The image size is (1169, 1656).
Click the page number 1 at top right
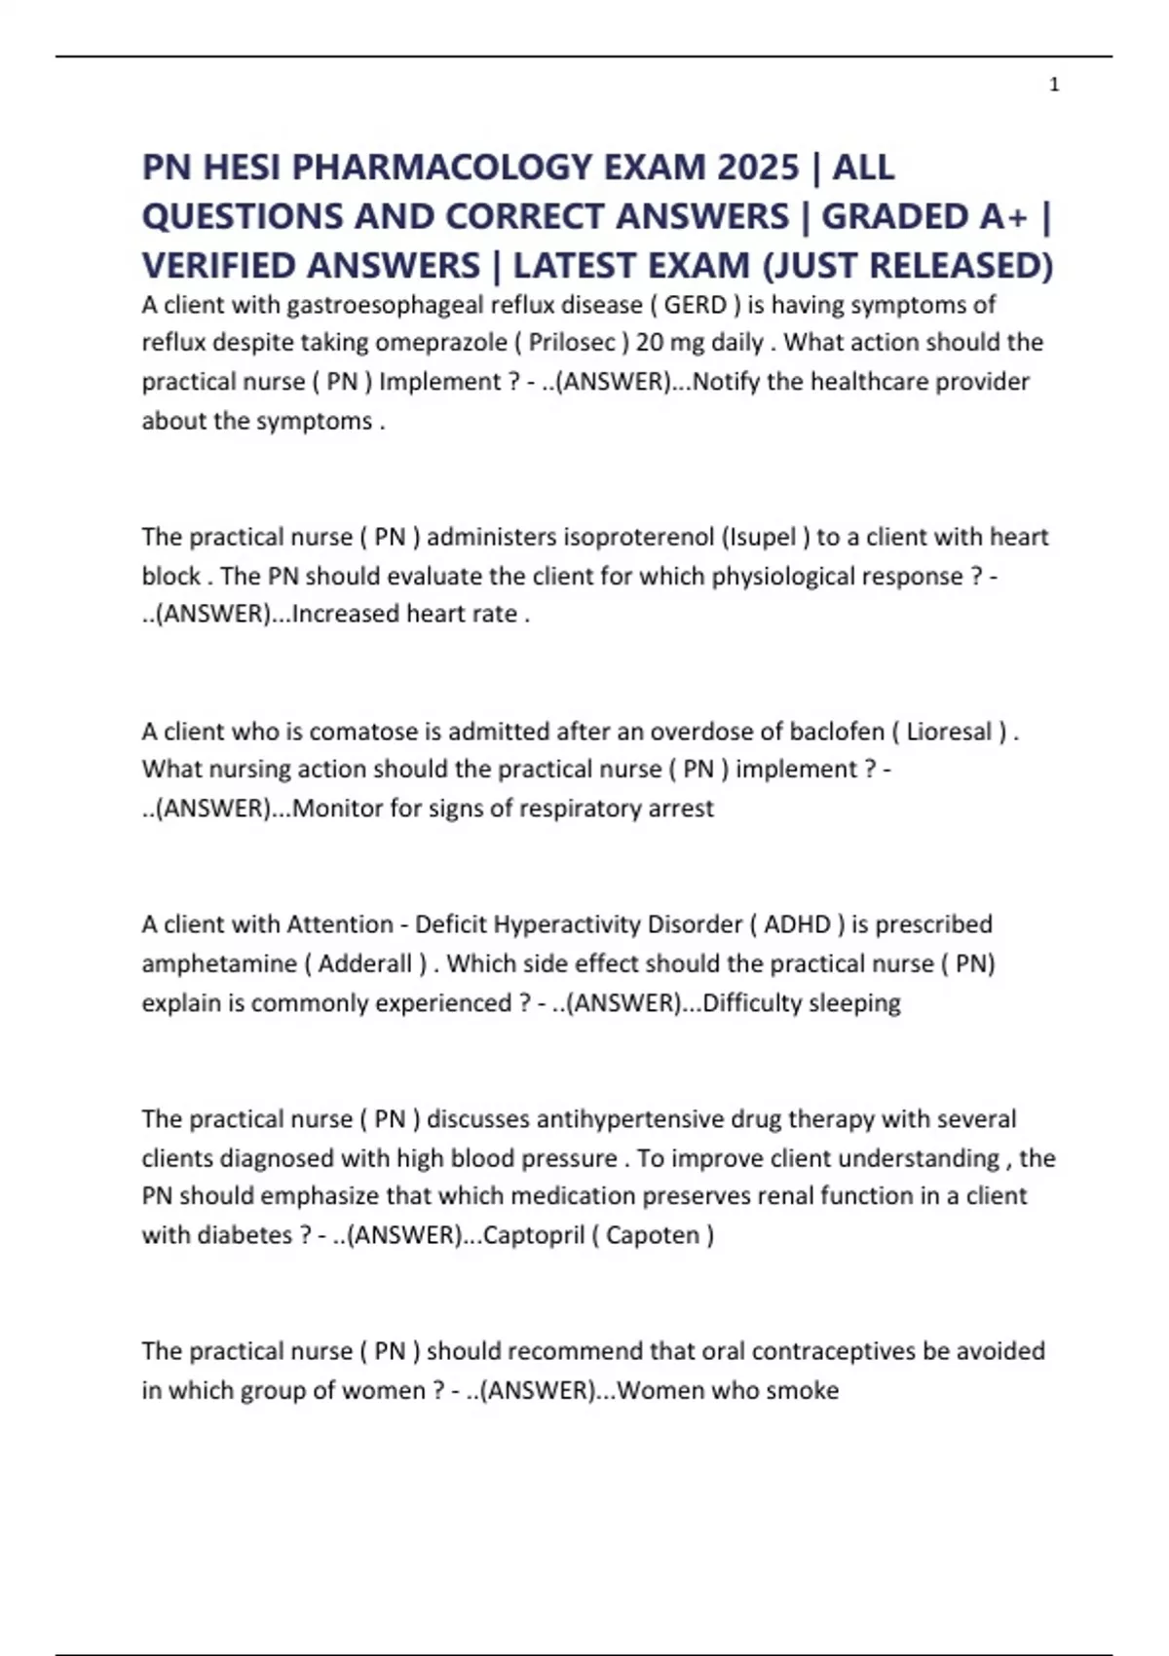tap(1054, 86)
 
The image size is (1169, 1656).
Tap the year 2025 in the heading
tap(757, 168)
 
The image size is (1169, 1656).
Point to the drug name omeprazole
tap(438, 343)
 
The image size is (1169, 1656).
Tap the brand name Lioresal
tap(950, 731)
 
